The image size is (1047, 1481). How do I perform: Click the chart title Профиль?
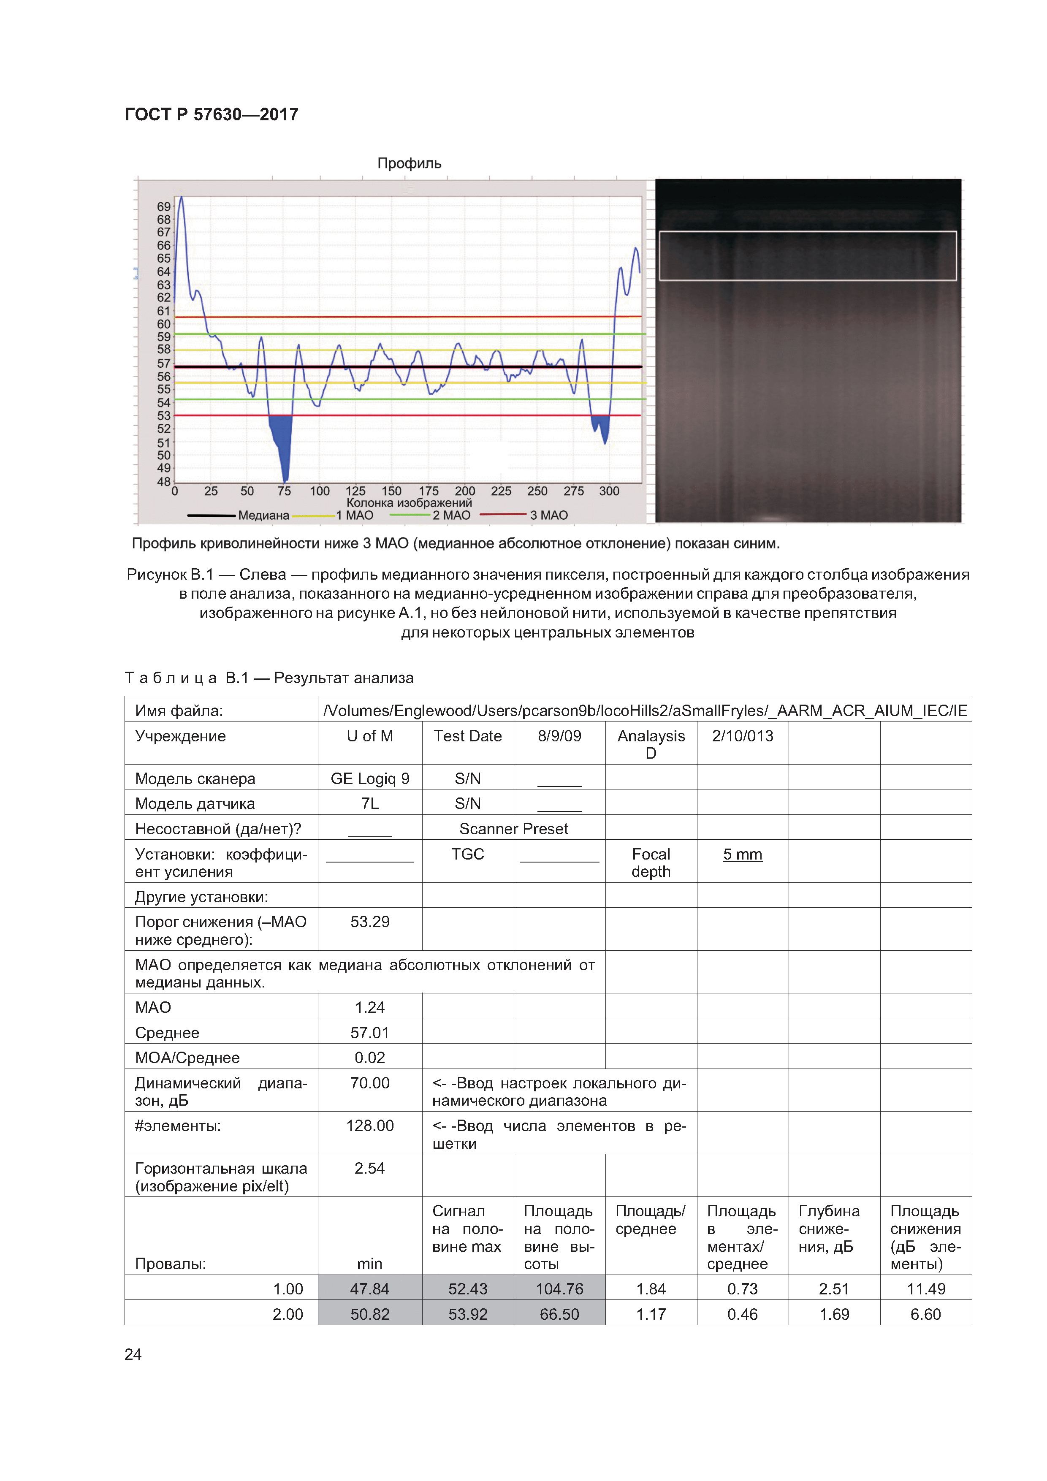coord(409,163)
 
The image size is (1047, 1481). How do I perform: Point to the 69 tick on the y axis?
coord(163,206)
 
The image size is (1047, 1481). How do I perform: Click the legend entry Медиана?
coord(263,515)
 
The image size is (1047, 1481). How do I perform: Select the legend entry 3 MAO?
coord(548,515)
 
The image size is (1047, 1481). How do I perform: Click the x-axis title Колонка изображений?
coord(409,502)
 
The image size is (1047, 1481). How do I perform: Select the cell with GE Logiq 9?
coord(370,778)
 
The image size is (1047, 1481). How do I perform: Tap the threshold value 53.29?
coord(370,922)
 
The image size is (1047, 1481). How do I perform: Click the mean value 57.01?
coord(370,1033)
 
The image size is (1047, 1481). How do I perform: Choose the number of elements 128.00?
coord(370,1126)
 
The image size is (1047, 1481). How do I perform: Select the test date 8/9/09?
coord(559,736)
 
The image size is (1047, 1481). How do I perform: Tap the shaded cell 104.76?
coord(559,1289)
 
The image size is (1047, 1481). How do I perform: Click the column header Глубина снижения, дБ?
coord(829,1229)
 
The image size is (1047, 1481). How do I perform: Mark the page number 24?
coord(133,1355)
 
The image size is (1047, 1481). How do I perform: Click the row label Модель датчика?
coord(195,804)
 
